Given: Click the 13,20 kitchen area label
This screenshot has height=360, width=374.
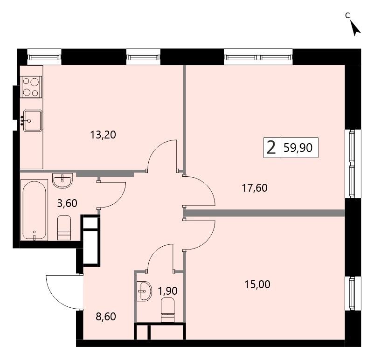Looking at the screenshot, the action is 103,135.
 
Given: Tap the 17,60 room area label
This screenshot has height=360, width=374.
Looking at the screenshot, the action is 255,188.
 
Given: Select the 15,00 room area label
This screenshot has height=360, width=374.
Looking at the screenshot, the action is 257,284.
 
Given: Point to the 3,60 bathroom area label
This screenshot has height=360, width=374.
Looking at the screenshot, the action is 67,203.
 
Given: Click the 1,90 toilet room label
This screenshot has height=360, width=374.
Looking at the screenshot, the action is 168,291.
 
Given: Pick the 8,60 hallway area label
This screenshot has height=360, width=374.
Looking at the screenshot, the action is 105,317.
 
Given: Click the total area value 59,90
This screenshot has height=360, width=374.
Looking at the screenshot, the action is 298,148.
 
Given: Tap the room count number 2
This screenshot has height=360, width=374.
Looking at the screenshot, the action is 271,148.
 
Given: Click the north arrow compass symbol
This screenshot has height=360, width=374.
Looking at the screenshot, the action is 356,28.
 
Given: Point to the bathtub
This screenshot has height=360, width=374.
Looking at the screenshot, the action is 34,210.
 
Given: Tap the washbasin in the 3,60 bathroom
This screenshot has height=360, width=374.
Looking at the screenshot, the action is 62,180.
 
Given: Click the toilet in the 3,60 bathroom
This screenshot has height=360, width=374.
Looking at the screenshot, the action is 64,228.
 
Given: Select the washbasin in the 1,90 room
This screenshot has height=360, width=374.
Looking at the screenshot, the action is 144,291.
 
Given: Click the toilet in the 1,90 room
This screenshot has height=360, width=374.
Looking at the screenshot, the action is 168,310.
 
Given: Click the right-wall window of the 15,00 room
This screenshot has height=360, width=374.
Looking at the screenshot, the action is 352,293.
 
